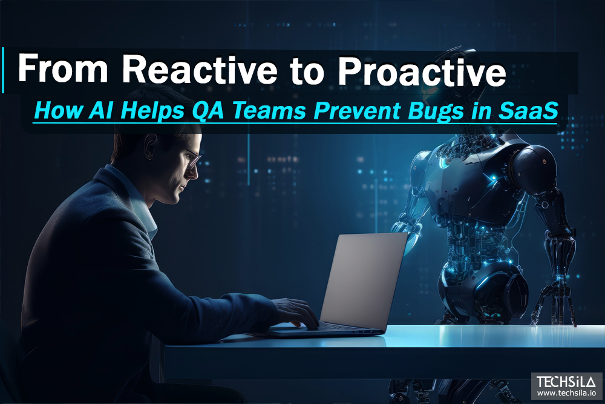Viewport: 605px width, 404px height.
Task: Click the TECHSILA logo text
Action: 566,382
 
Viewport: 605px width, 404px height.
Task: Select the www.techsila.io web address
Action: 566,394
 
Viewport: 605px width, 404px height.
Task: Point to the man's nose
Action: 197,170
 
